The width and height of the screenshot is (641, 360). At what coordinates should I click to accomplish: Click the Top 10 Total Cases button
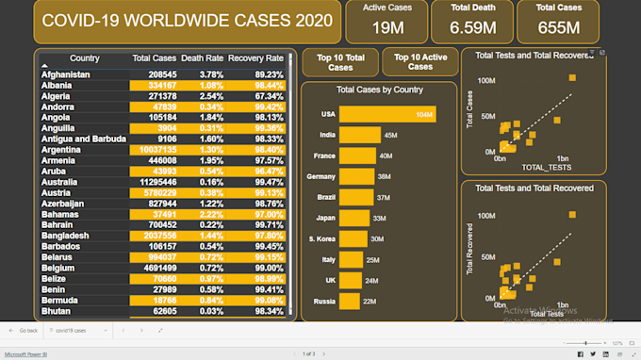[x=339, y=62]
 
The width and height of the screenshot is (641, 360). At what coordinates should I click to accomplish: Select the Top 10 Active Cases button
[x=419, y=62]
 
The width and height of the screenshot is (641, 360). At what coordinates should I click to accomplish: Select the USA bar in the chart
[x=387, y=114]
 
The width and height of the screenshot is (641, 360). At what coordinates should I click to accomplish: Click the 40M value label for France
[x=386, y=155]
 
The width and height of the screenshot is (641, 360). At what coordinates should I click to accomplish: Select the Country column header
[x=85, y=58]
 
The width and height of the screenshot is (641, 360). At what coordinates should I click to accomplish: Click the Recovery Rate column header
[x=255, y=58]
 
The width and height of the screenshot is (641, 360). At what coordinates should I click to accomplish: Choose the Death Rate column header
[x=201, y=58]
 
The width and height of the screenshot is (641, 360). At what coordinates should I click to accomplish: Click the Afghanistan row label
[x=65, y=74]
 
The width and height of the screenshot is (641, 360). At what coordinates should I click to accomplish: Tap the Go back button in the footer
[x=25, y=331]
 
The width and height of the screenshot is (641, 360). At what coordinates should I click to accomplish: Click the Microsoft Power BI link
[x=25, y=354]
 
